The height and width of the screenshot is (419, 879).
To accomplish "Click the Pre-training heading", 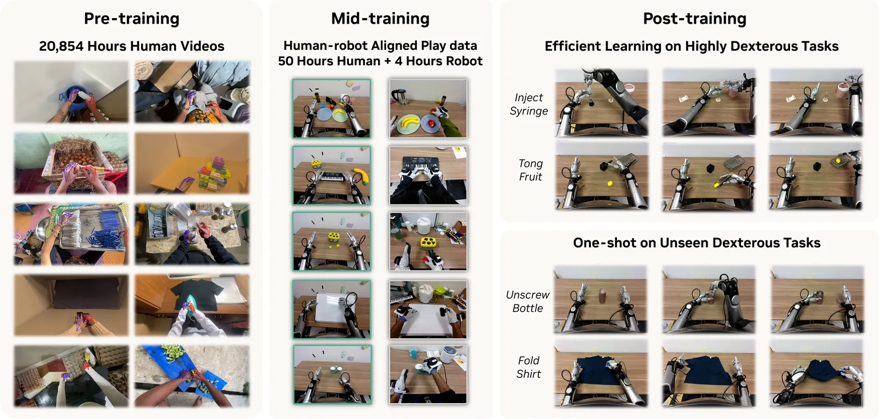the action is [131, 19].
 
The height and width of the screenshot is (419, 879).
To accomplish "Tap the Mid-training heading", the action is [380, 19].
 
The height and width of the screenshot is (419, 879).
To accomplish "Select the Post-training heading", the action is [694, 19].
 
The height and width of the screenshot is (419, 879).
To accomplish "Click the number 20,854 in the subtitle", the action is [61, 46].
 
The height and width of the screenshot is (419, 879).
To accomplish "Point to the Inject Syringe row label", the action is [528, 104].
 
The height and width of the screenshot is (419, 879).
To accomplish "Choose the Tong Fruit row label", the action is [531, 170].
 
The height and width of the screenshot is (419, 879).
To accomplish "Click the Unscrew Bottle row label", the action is [528, 301].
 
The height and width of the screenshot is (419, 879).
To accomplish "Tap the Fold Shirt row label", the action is [528, 367].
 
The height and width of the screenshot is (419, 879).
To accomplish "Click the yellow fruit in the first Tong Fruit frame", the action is [610, 184].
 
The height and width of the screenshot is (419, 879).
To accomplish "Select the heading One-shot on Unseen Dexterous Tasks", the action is [697, 242].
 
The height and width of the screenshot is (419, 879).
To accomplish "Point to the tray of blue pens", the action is [90, 230].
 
